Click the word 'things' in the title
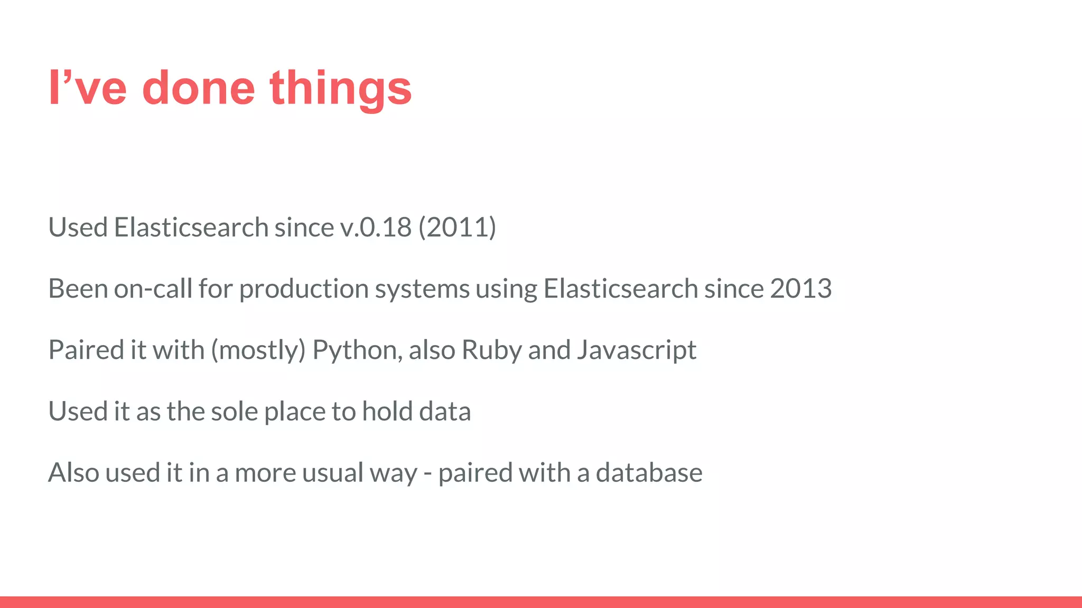tap(340, 89)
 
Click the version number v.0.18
tap(376, 227)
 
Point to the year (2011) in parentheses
tap(457, 227)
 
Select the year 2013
tap(800, 289)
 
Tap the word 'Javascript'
tap(637, 350)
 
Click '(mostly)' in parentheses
tap(258, 350)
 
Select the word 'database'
tap(649, 472)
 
